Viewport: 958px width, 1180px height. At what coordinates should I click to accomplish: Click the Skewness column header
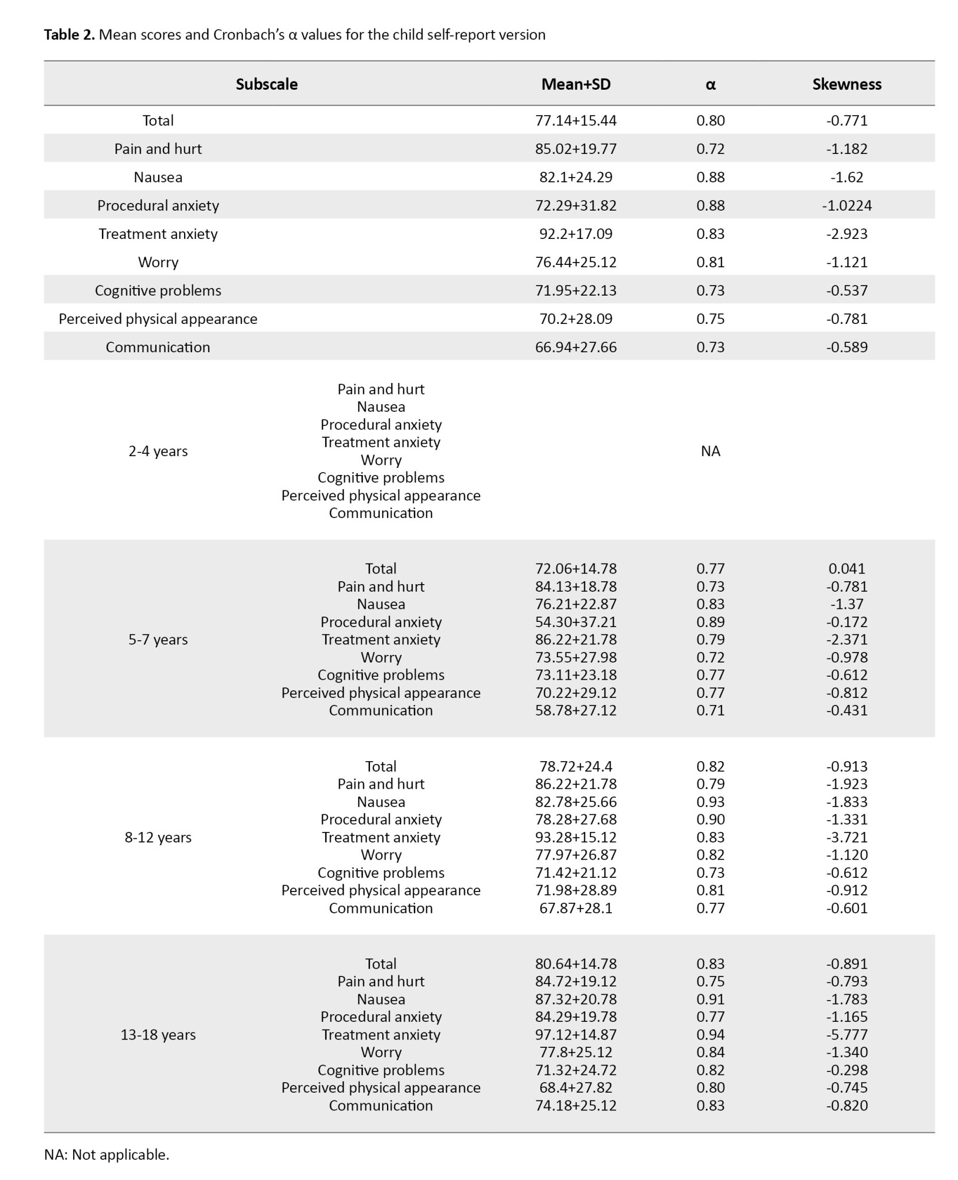click(847, 84)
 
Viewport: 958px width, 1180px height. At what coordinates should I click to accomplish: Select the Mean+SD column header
click(576, 84)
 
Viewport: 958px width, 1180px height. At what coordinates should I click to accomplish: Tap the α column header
click(710, 84)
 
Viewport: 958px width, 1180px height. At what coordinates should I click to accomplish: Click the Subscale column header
click(267, 84)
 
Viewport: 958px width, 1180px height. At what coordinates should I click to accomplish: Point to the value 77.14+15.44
click(576, 120)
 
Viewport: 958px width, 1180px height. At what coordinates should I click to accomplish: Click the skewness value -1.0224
click(847, 205)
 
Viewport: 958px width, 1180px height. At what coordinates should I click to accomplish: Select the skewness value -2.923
click(847, 234)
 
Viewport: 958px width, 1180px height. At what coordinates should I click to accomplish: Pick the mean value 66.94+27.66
click(576, 347)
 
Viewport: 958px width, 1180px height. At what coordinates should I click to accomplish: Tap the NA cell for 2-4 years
click(710, 451)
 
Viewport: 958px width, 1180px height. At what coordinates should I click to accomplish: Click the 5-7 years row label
click(158, 640)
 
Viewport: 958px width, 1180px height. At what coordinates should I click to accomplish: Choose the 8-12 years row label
click(158, 837)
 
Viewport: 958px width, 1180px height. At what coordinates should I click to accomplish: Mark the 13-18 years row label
click(158, 1034)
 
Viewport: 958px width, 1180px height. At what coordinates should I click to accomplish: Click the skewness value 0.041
click(847, 569)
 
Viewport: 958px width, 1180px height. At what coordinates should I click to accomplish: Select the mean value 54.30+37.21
click(576, 622)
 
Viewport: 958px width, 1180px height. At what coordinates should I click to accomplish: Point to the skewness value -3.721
click(847, 837)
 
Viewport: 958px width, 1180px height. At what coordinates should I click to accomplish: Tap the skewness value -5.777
click(847, 1034)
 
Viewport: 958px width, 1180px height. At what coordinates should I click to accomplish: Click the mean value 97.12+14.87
click(576, 1034)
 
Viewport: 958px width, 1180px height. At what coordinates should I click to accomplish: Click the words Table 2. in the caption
click(69, 35)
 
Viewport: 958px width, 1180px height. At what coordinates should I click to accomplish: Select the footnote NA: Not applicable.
click(107, 1155)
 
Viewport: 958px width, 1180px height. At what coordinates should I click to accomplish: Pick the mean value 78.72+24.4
click(576, 766)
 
